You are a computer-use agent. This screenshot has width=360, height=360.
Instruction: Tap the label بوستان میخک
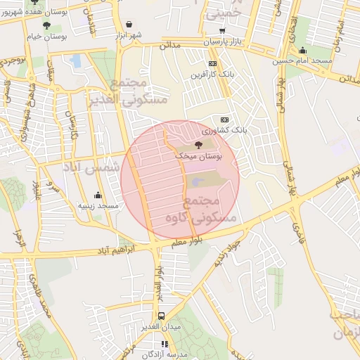pos(199,157)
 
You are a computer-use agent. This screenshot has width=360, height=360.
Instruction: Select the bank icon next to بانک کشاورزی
pos(224,120)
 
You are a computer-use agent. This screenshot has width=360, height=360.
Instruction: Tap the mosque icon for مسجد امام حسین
pos(302,50)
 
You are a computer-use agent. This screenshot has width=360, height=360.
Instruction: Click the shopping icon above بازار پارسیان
pos(223,30)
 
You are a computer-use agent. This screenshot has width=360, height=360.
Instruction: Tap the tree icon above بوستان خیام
pos(46,26)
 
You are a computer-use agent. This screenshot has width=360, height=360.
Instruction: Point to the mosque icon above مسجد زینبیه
pos(98,195)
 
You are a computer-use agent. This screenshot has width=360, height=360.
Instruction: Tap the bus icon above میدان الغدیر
pos(162,316)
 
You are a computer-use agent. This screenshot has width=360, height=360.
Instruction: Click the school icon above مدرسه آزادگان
pos(165,344)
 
